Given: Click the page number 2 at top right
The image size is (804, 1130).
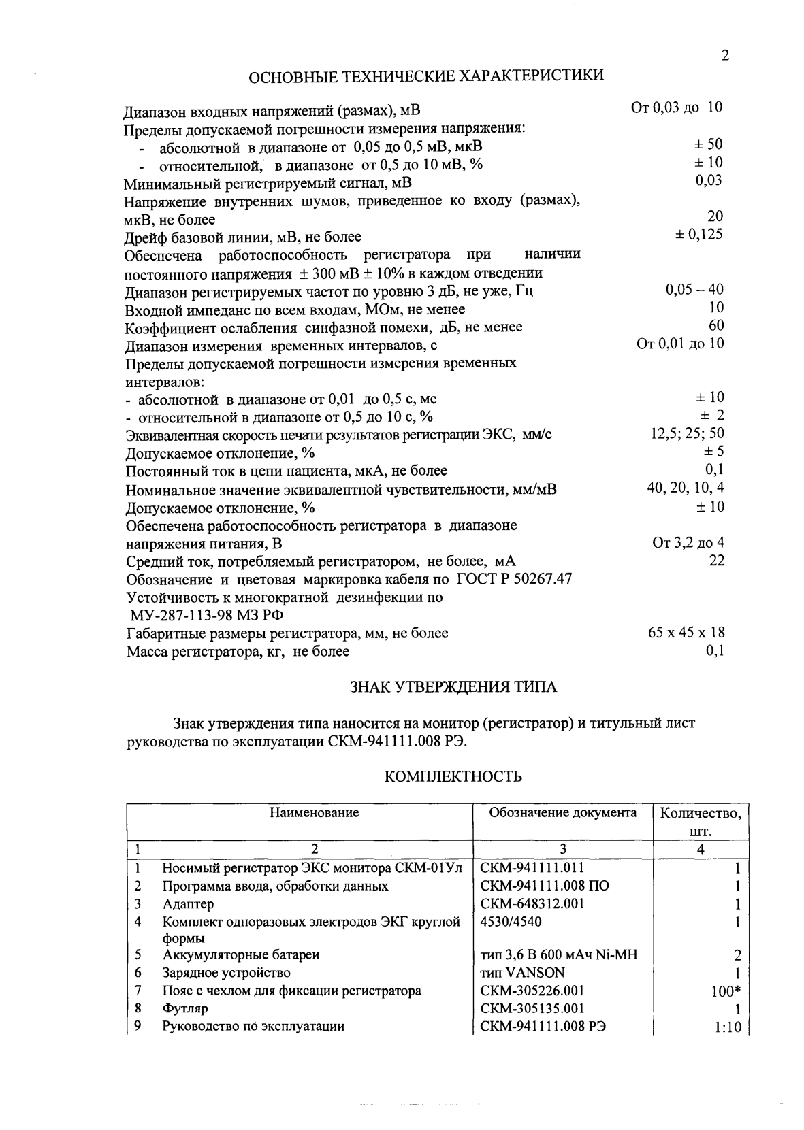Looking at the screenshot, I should [x=725, y=56].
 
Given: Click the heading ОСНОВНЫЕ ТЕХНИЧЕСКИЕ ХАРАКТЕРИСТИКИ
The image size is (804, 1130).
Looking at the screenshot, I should [x=425, y=76].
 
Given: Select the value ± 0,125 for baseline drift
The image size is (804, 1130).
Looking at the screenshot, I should [x=698, y=235].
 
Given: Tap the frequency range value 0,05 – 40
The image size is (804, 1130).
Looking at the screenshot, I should [x=694, y=290].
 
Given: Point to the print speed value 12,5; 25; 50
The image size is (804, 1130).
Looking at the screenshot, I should [x=687, y=433].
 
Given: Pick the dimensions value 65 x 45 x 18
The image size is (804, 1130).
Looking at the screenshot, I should [x=686, y=633].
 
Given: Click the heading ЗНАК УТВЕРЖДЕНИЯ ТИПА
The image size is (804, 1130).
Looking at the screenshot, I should [x=453, y=687].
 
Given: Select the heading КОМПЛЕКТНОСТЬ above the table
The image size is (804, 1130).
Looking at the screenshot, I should [x=453, y=776].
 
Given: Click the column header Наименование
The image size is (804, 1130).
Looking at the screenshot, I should [x=314, y=812].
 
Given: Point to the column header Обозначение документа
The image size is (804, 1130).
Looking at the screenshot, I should [x=563, y=812].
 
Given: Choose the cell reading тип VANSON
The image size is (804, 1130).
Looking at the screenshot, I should [x=522, y=973].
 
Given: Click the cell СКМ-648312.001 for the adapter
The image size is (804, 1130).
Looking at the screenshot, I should [x=532, y=904].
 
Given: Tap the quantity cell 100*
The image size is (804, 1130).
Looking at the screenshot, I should [x=725, y=992].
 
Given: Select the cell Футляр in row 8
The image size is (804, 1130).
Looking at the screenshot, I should [x=185, y=1008].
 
